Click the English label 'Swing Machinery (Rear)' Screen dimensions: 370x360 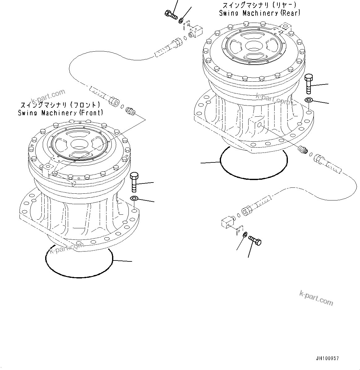(259, 13)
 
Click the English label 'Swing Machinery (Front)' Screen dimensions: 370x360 (61, 113)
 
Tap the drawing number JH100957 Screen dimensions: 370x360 (327, 359)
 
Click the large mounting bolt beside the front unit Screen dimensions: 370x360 (134, 182)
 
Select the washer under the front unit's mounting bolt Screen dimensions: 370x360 (134, 198)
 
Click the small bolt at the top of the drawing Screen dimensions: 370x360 (170, 14)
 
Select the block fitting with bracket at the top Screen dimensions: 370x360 (195, 31)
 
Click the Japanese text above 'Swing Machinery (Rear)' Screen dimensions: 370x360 (259, 5)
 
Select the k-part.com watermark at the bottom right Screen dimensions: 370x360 (316, 298)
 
